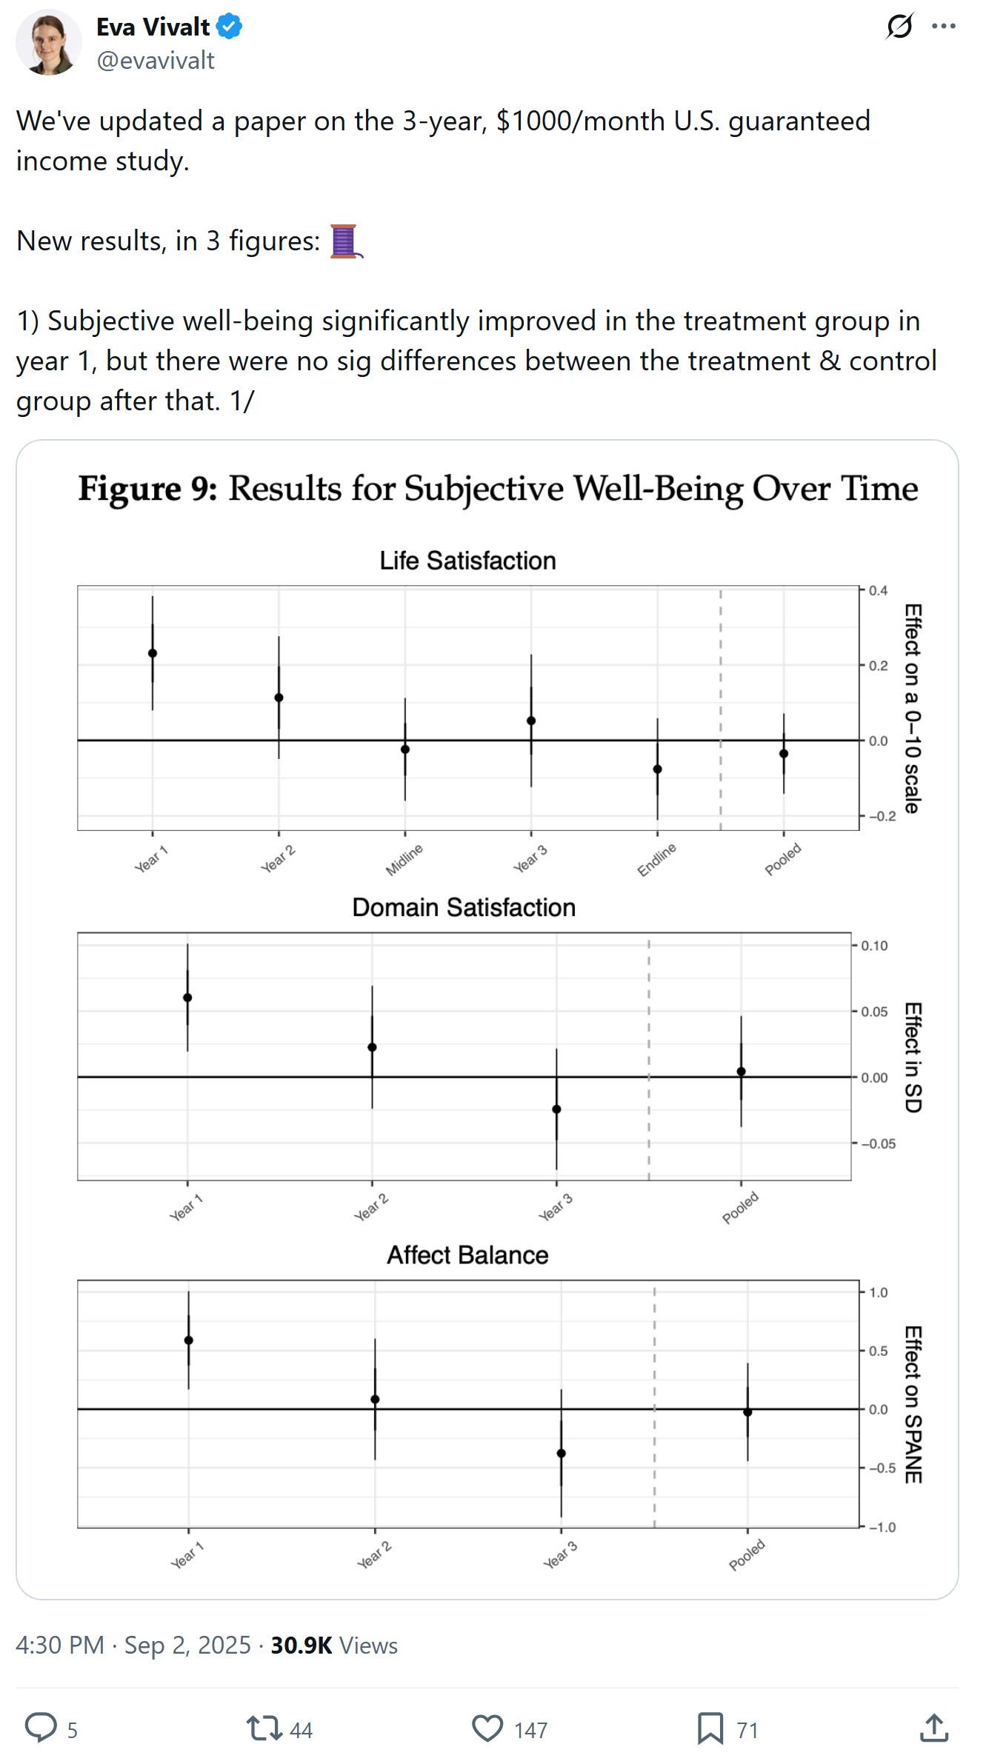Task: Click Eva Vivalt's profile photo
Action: [x=49, y=42]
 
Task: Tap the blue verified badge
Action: [x=230, y=27]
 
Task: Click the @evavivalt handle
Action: [x=156, y=61]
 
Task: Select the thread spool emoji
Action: [x=344, y=241]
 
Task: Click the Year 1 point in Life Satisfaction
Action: [x=153, y=653]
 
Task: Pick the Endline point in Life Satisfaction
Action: [x=657, y=769]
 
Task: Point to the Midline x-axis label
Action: [x=404, y=859]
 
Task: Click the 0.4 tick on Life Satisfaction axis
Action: [x=878, y=590]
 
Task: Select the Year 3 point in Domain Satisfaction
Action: [x=556, y=1109]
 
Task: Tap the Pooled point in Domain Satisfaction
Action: [x=741, y=1072]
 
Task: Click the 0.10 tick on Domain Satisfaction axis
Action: [x=874, y=946]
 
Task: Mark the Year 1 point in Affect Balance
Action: [x=188, y=1340]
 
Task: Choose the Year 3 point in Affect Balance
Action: [x=561, y=1453]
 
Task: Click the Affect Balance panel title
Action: [x=467, y=1255]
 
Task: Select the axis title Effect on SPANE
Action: [x=913, y=1404]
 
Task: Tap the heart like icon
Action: [x=487, y=1728]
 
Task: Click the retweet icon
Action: [x=264, y=1728]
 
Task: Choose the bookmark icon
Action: [x=710, y=1728]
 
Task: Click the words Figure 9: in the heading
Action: [x=147, y=490]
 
